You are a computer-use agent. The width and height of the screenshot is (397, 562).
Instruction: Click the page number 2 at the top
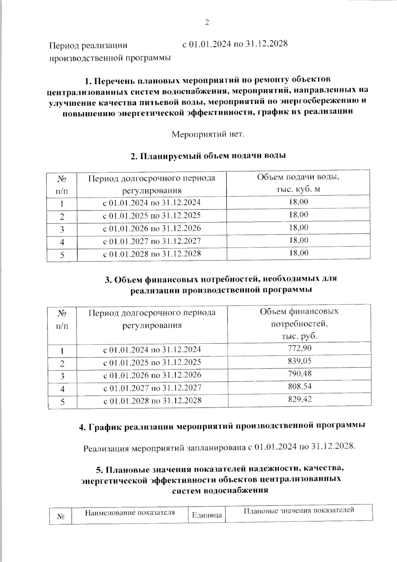tap(207, 23)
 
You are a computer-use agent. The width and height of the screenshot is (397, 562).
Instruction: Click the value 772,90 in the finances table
tap(300, 348)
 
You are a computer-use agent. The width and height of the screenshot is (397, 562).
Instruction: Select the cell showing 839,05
tap(300, 361)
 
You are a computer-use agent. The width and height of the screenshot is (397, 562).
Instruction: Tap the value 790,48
tap(300, 374)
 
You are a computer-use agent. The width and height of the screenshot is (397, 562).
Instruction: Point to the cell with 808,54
tap(300, 386)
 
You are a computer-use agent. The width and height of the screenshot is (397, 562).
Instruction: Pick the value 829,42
tap(300, 399)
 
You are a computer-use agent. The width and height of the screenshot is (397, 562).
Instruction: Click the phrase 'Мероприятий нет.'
tap(208, 135)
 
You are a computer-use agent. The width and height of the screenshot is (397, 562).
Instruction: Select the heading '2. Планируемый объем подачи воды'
tap(208, 156)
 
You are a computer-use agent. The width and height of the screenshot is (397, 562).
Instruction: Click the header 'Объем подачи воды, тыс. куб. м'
tap(298, 183)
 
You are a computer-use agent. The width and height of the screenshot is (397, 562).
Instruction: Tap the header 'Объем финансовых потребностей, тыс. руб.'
tap(299, 324)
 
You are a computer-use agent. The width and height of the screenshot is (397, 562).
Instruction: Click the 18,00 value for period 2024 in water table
tap(298, 202)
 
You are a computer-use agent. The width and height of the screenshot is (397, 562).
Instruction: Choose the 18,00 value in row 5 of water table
tap(298, 253)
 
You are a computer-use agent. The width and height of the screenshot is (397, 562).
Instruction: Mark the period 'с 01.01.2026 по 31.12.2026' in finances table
tap(152, 375)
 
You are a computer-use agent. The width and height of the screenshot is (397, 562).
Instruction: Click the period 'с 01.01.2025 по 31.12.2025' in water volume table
tap(152, 216)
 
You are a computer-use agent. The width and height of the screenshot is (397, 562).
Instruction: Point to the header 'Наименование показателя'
tap(130, 513)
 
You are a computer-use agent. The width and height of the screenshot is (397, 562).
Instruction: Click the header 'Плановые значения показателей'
tap(299, 510)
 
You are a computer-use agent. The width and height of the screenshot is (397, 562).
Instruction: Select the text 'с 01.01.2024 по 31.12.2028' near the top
tap(235, 44)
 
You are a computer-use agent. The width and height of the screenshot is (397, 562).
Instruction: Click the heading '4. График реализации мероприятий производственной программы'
tap(222, 426)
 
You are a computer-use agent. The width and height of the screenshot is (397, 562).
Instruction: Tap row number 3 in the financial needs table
tap(62, 376)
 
